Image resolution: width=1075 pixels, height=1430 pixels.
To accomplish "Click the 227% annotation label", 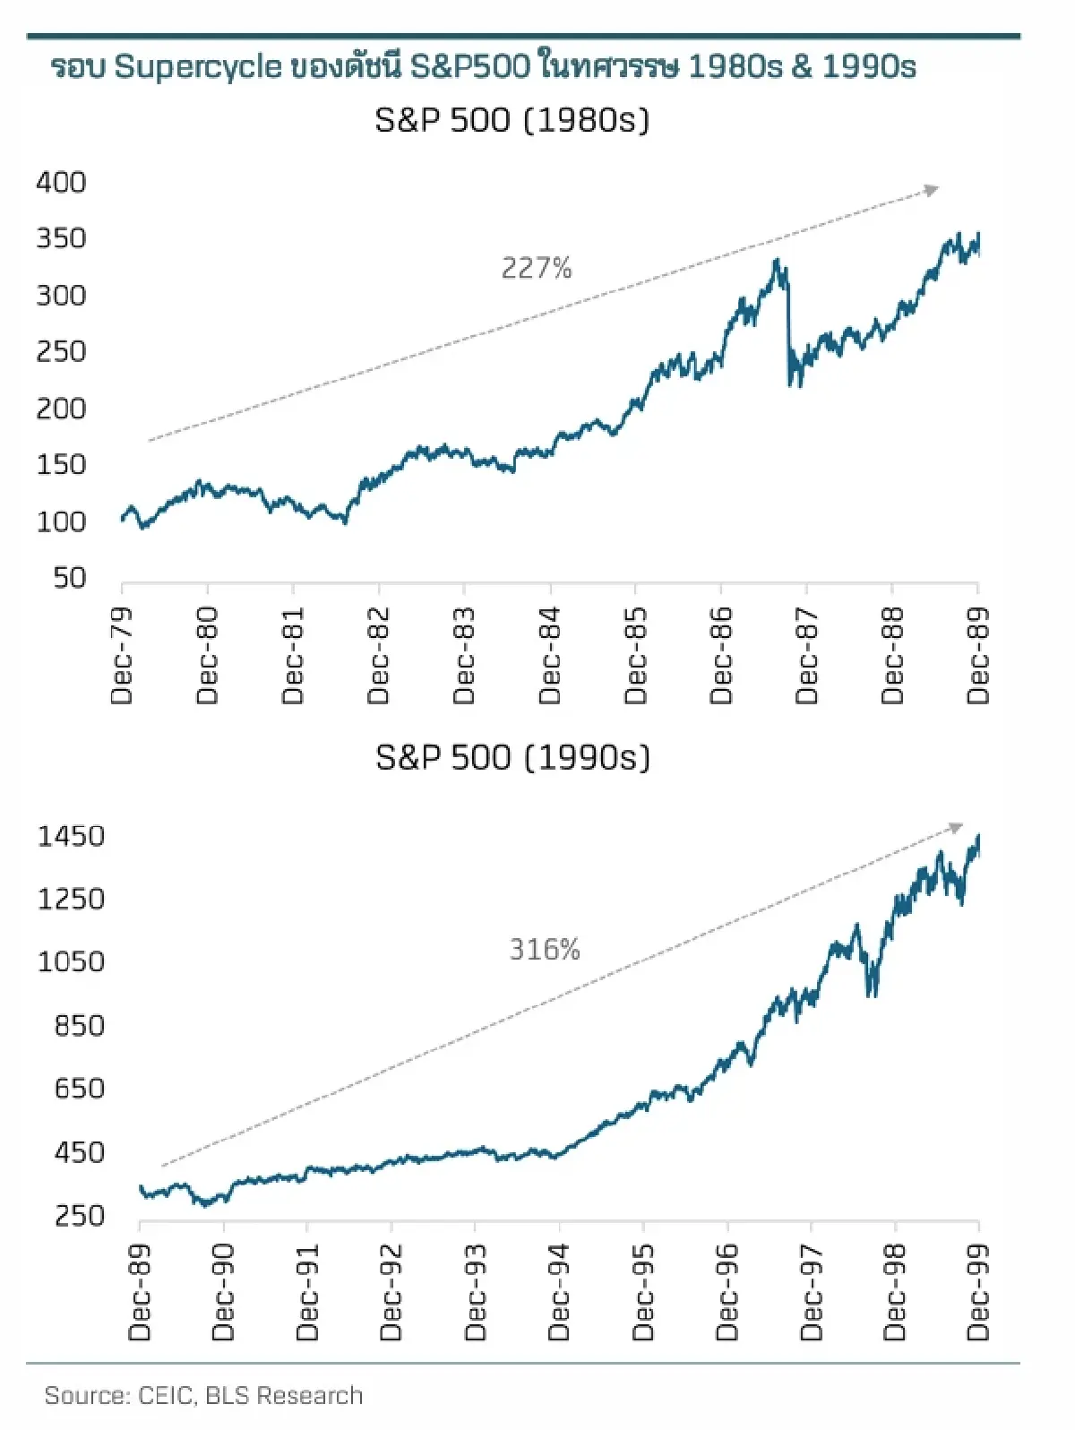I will [x=536, y=268].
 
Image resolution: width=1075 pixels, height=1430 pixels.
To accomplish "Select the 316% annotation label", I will [x=545, y=949].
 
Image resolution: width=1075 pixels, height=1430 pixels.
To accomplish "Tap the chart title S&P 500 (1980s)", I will [x=512, y=120].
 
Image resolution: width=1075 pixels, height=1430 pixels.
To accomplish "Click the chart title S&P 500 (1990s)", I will [x=512, y=757].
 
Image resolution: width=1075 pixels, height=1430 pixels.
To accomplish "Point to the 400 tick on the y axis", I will [x=61, y=182].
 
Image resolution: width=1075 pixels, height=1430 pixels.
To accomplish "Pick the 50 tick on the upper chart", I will [x=69, y=578].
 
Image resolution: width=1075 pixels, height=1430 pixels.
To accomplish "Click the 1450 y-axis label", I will [x=71, y=836].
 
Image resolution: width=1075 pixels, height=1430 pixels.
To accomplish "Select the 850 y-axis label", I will [x=79, y=1025].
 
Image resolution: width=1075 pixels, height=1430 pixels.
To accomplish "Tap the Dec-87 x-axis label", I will [x=807, y=656].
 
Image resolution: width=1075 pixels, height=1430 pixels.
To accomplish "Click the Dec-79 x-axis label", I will [x=122, y=656].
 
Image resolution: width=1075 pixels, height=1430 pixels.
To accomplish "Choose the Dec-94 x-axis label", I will [x=558, y=1292].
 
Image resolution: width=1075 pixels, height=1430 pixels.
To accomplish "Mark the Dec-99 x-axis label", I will [x=978, y=1292].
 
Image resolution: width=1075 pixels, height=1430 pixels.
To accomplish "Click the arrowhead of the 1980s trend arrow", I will [x=933, y=190].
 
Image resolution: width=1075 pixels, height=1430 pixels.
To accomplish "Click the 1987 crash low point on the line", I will [x=791, y=385].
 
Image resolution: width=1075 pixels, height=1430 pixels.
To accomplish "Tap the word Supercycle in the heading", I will [x=198, y=67].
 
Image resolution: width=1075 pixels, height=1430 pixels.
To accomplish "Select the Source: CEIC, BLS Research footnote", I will [x=203, y=1395].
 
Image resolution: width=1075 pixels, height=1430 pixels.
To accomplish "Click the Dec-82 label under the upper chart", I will [x=379, y=656].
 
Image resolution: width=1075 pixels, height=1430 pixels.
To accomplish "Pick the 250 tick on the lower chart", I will [x=79, y=1216].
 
